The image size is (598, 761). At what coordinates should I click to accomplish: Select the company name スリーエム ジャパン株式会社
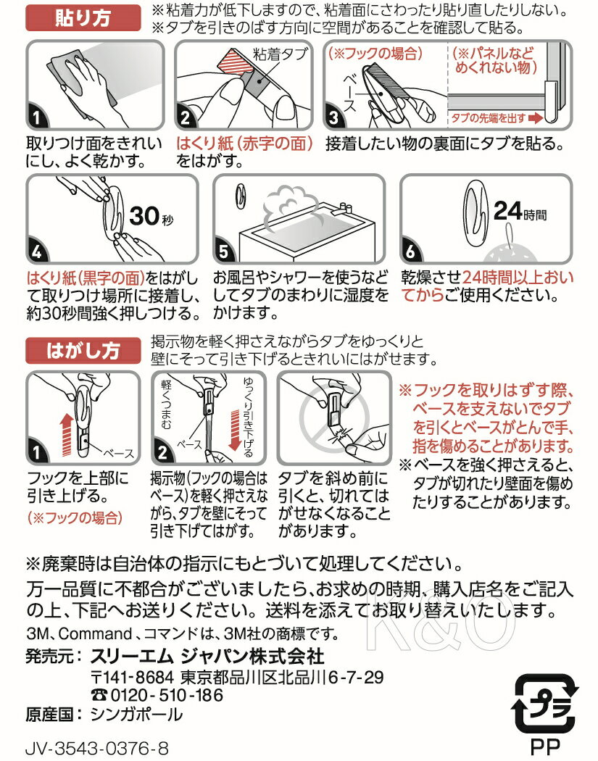pos(207,656)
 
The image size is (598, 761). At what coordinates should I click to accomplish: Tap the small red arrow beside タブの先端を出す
pos(536,116)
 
